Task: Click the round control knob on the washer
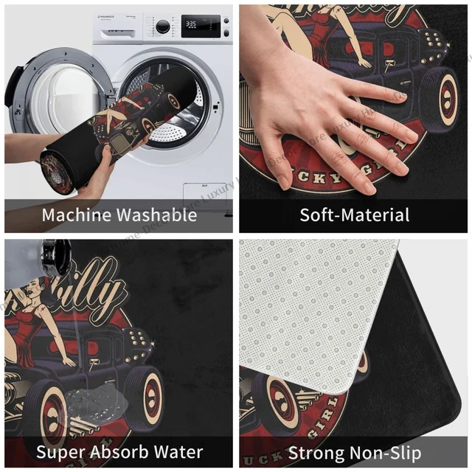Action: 163,26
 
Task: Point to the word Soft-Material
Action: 354,215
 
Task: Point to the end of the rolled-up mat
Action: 58,170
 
